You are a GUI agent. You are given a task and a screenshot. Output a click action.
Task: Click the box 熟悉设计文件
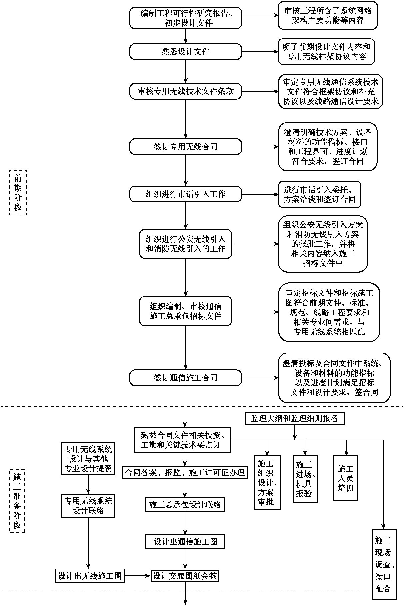(185, 52)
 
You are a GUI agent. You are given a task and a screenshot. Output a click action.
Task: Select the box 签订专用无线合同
(185, 147)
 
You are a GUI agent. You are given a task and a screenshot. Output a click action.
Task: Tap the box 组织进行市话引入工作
(185, 194)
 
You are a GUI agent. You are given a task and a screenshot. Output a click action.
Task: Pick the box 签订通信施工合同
(185, 378)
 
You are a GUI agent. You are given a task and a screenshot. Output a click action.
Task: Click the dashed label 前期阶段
(18, 192)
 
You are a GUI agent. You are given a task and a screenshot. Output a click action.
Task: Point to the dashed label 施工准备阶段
(17, 501)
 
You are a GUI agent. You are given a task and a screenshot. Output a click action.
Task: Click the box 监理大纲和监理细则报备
(295, 418)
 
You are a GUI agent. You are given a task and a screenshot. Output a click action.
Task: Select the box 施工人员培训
(345, 478)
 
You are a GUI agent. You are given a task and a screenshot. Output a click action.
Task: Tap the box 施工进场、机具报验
(305, 479)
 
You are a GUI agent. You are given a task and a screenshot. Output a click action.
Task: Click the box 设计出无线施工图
(90, 576)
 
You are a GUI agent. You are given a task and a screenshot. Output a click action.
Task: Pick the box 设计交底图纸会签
(185, 576)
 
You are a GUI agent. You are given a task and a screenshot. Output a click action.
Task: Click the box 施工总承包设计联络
(185, 505)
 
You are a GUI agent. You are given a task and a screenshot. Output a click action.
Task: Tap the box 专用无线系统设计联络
(88, 506)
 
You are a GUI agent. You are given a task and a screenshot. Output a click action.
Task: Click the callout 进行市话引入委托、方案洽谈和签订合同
(319, 195)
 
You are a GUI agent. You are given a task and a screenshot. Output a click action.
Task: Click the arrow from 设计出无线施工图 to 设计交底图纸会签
(138, 576)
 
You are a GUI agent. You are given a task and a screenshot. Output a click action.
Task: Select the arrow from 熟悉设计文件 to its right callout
(260, 52)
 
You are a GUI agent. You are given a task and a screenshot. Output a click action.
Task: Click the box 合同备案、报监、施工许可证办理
(185, 472)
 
